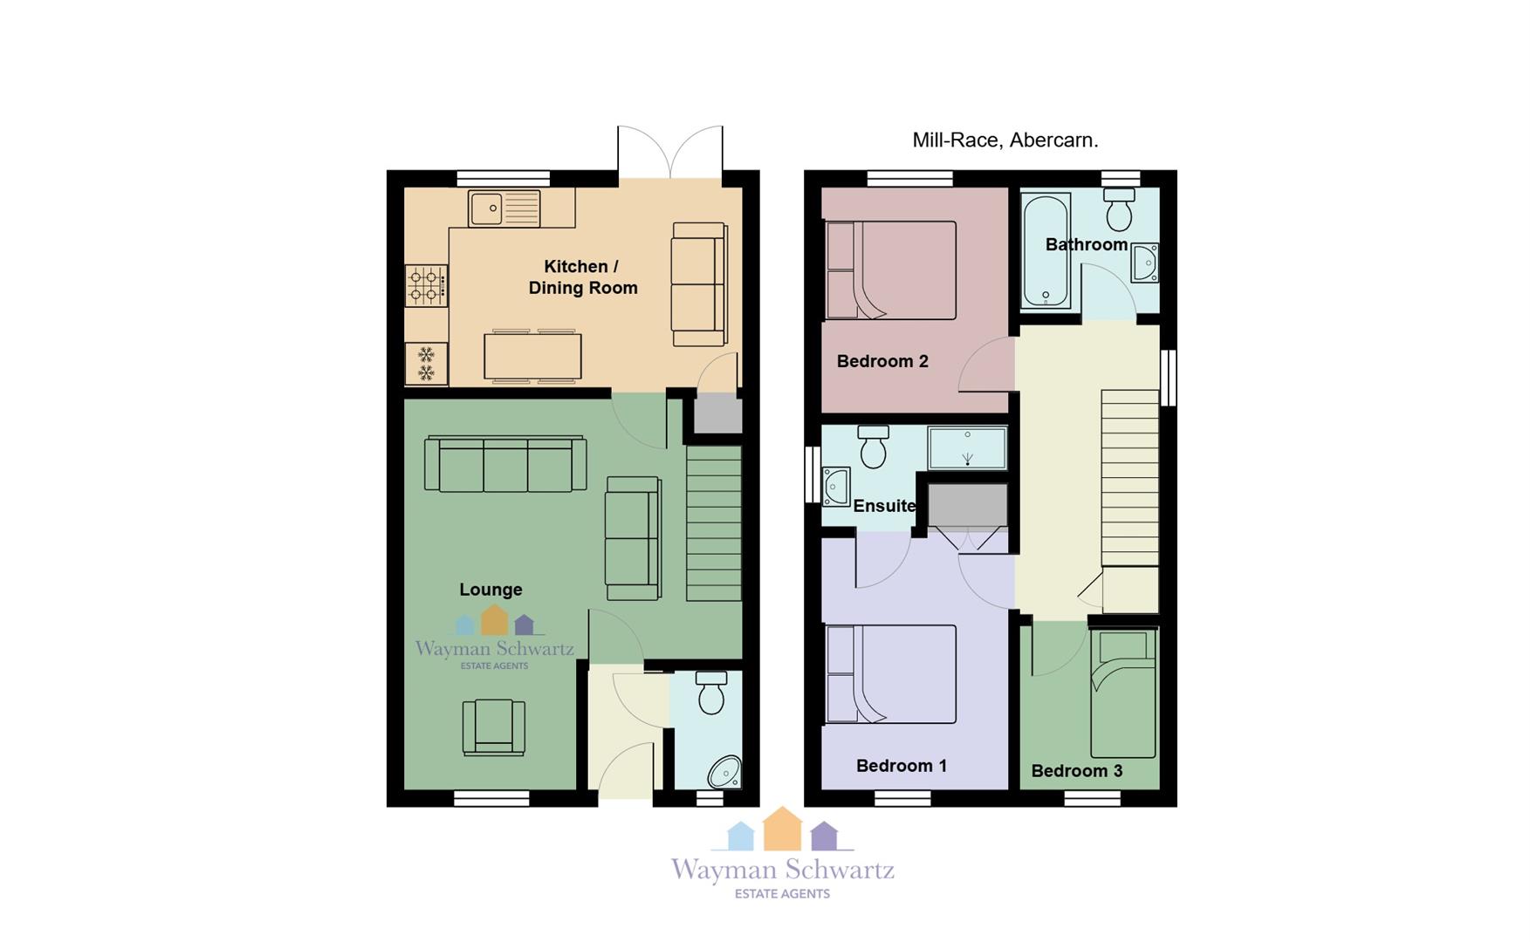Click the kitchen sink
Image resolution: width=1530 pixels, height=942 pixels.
[x=504, y=208]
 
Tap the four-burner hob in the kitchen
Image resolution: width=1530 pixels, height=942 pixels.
[x=426, y=286]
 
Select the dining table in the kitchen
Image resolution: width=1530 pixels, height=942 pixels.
[x=532, y=356]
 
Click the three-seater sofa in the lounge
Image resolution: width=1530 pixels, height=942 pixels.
[x=505, y=463]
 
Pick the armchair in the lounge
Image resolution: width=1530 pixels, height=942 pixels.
[x=494, y=727]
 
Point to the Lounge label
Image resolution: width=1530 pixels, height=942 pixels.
[x=491, y=590]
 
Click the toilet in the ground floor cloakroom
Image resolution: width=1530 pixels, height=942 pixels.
[x=711, y=693]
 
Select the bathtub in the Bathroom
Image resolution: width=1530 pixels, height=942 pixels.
[x=1046, y=250]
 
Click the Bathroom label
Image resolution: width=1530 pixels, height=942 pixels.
[x=1087, y=244]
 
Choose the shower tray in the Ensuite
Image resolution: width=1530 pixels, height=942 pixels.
[x=967, y=447]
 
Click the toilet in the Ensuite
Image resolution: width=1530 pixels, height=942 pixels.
[x=873, y=446]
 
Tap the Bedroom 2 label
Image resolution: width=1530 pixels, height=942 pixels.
[x=882, y=361]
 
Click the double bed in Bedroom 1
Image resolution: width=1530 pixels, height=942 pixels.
[x=891, y=673]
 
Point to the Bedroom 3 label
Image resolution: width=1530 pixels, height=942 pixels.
[x=1077, y=771]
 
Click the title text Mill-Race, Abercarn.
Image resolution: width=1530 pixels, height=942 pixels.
[x=1005, y=140]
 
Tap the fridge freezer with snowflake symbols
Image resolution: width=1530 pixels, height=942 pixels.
[x=426, y=364]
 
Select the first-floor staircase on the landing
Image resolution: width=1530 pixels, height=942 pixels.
[x=1130, y=478]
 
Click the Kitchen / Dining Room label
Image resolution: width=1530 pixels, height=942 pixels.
[x=583, y=277]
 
